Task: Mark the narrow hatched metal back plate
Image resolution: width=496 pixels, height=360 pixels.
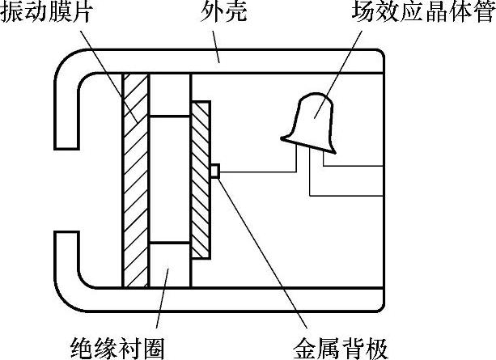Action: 201,179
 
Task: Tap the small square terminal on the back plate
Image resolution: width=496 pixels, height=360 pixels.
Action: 215,171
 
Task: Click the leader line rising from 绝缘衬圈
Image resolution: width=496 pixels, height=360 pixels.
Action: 162,307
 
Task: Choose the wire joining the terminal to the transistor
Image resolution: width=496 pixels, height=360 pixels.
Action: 259,171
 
